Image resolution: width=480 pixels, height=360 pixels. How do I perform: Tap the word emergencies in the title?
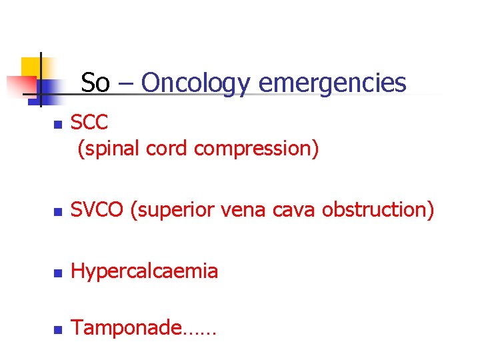tap(332, 84)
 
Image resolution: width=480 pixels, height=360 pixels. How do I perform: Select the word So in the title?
tap(95, 83)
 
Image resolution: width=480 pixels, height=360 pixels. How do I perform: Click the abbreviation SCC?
tap(89, 123)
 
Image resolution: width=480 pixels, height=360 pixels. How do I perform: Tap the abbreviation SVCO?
tap(97, 210)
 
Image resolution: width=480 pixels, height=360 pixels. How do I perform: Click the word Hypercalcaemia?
tap(145, 271)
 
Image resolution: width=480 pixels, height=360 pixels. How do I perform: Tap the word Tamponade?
tap(126, 327)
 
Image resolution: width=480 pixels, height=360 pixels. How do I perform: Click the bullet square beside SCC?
tap(57, 125)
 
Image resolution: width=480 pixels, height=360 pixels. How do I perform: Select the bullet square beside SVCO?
tap(57, 213)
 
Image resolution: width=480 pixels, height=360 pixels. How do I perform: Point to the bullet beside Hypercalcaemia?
tap(57, 273)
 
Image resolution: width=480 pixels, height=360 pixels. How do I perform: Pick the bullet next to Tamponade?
tap(57, 330)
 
